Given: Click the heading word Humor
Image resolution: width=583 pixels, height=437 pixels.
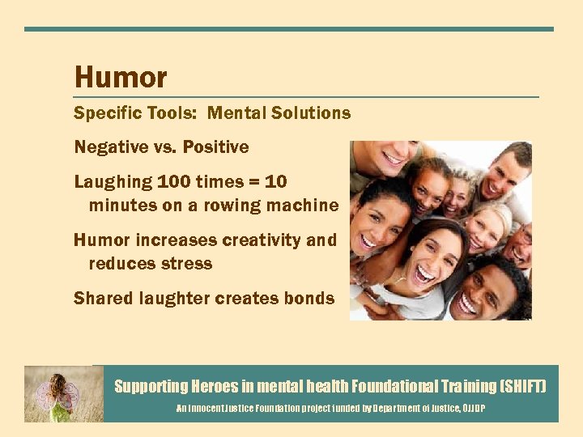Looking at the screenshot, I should [121, 78].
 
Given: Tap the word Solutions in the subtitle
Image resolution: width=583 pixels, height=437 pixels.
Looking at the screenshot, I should [312, 113].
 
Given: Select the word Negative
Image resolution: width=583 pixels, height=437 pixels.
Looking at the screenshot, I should [109, 147].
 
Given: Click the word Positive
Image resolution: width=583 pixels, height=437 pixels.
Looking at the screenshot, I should [215, 147].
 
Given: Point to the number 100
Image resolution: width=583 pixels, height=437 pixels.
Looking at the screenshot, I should [175, 182].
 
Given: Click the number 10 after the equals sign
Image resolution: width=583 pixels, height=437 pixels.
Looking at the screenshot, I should [275, 182].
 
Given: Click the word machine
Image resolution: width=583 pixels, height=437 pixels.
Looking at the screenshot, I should [306, 206].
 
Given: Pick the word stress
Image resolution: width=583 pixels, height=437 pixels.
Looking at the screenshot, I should [185, 264].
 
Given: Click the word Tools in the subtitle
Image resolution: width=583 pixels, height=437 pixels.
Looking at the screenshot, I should [171, 113].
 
